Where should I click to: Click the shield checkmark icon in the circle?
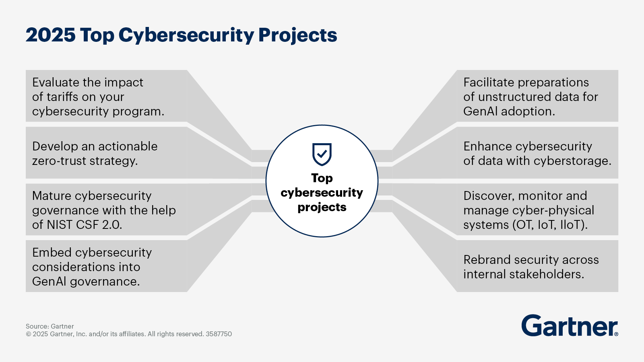(322, 154)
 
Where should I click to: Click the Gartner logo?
(569, 326)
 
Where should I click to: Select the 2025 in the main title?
(50, 35)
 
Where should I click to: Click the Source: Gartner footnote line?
(50, 326)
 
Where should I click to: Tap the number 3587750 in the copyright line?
(219, 334)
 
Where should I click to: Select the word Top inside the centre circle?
(322, 178)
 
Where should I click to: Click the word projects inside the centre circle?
(322, 207)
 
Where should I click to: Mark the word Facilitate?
(488, 82)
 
